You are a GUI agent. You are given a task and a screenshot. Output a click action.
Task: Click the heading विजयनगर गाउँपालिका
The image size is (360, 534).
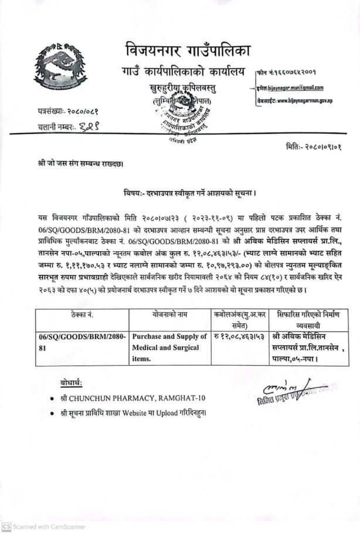point(188,50)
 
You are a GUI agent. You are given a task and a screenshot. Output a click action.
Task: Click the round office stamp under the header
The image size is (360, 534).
point(181,117)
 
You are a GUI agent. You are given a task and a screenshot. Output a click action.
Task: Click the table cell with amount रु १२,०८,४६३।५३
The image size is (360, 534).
point(240,337)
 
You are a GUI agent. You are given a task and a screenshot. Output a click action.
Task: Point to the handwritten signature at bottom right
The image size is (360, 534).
point(276,389)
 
